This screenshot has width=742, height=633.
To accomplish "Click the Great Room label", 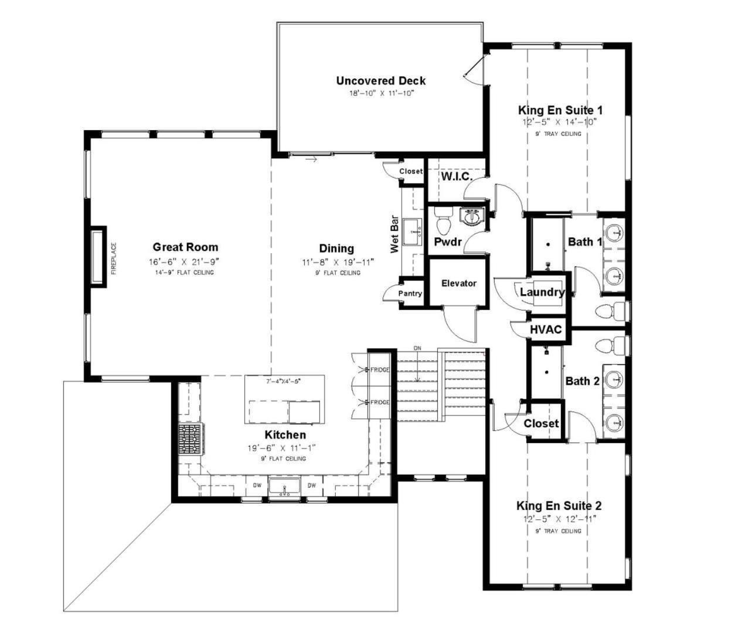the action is [x=185, y=247].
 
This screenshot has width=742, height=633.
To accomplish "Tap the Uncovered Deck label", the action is [x=380, y=81].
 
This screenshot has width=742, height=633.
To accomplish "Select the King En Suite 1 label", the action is [x=560, y=110].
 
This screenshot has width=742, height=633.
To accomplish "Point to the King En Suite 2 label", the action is [x=559, y=506].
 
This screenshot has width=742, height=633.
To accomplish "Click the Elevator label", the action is [x=459, y=283].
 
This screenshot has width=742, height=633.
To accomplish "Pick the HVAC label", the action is [x=546, y=329].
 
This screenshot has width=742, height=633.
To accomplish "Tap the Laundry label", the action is [x=542, y=292].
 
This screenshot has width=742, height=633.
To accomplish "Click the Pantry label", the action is [x=410, y=294].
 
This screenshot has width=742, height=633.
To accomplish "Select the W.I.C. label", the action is [x=457, y=176].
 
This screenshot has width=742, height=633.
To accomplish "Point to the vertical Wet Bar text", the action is [x=394, y=234].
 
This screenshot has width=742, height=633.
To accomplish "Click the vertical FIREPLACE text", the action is [x=114, y=258].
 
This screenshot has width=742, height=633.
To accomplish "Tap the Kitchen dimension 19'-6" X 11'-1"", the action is [x=281, y=448].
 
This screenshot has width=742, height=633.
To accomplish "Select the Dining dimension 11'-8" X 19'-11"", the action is [x=338, y=263].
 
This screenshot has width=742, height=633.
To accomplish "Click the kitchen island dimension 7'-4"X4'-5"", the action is [x=283, y=382].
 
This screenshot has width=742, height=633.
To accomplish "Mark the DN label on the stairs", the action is [x=417, y=348].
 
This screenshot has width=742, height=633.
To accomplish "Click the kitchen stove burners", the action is [x=190, y=440].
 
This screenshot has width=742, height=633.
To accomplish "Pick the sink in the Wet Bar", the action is [x=412, y=232].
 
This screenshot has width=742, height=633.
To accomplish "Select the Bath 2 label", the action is [x=582, y=382].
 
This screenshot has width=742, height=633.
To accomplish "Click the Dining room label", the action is [x=336, y=249].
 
